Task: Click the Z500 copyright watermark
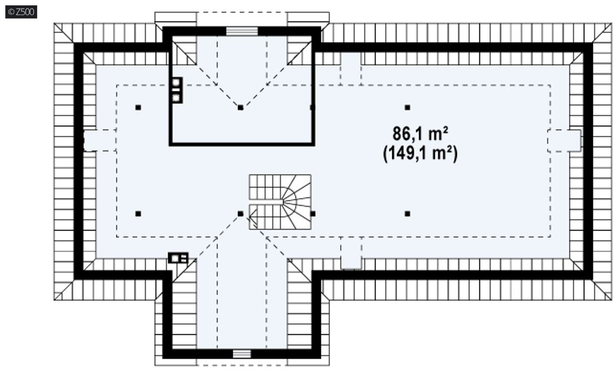pos(21,12)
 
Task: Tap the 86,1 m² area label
pos(420,134)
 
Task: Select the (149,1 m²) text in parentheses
pos(420,153)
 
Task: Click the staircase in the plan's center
pos(280,202)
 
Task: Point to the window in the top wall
pos(242,31)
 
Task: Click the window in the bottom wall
pos(242,354)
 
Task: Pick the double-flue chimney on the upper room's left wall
pos(177,90)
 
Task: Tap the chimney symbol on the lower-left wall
pos(178,258)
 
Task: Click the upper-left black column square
pos(138,107)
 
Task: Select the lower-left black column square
pos(138,214)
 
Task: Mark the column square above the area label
pos(408,107)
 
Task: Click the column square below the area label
pos(408,214)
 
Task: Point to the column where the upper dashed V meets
pos(241,107)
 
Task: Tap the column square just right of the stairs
pos(313,214)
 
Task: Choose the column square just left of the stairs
pos(241,214)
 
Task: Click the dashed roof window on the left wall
pos(100,140)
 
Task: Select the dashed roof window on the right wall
pos(564,141)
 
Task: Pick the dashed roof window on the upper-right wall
pos(351,69)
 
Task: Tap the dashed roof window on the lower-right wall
pos(351,253)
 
